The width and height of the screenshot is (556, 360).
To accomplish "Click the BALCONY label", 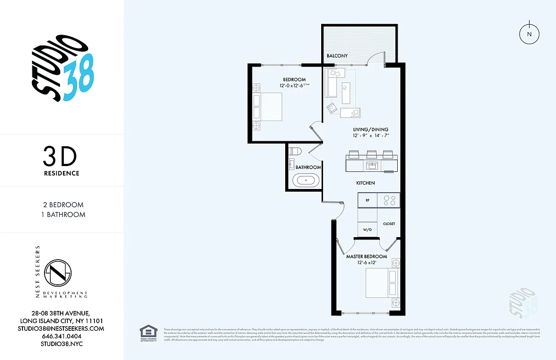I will (x=337, y=56).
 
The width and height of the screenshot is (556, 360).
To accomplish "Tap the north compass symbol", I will (x=529, y=35).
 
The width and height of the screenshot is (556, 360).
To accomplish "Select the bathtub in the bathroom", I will (x=306, y=181).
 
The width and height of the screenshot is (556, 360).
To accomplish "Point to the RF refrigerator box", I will (x=367, y=200).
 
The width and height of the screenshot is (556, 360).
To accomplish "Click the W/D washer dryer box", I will (x=367, y=230).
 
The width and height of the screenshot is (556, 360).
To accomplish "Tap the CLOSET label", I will (x=389, y=223).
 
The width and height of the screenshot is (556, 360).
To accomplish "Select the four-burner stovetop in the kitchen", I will (x=389, y=200).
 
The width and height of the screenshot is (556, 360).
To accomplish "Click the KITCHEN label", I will (x=365, y=183).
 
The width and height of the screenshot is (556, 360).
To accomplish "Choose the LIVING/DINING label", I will (x=370, y=129).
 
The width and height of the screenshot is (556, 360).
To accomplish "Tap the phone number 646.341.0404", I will (x=62, y=336).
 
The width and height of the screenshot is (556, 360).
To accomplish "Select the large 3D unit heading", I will (x=60, y=157).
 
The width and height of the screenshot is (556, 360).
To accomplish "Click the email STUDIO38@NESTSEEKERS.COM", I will (x=62, y=328).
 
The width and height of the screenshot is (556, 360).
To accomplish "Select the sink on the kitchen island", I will (x=372, y=166).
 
